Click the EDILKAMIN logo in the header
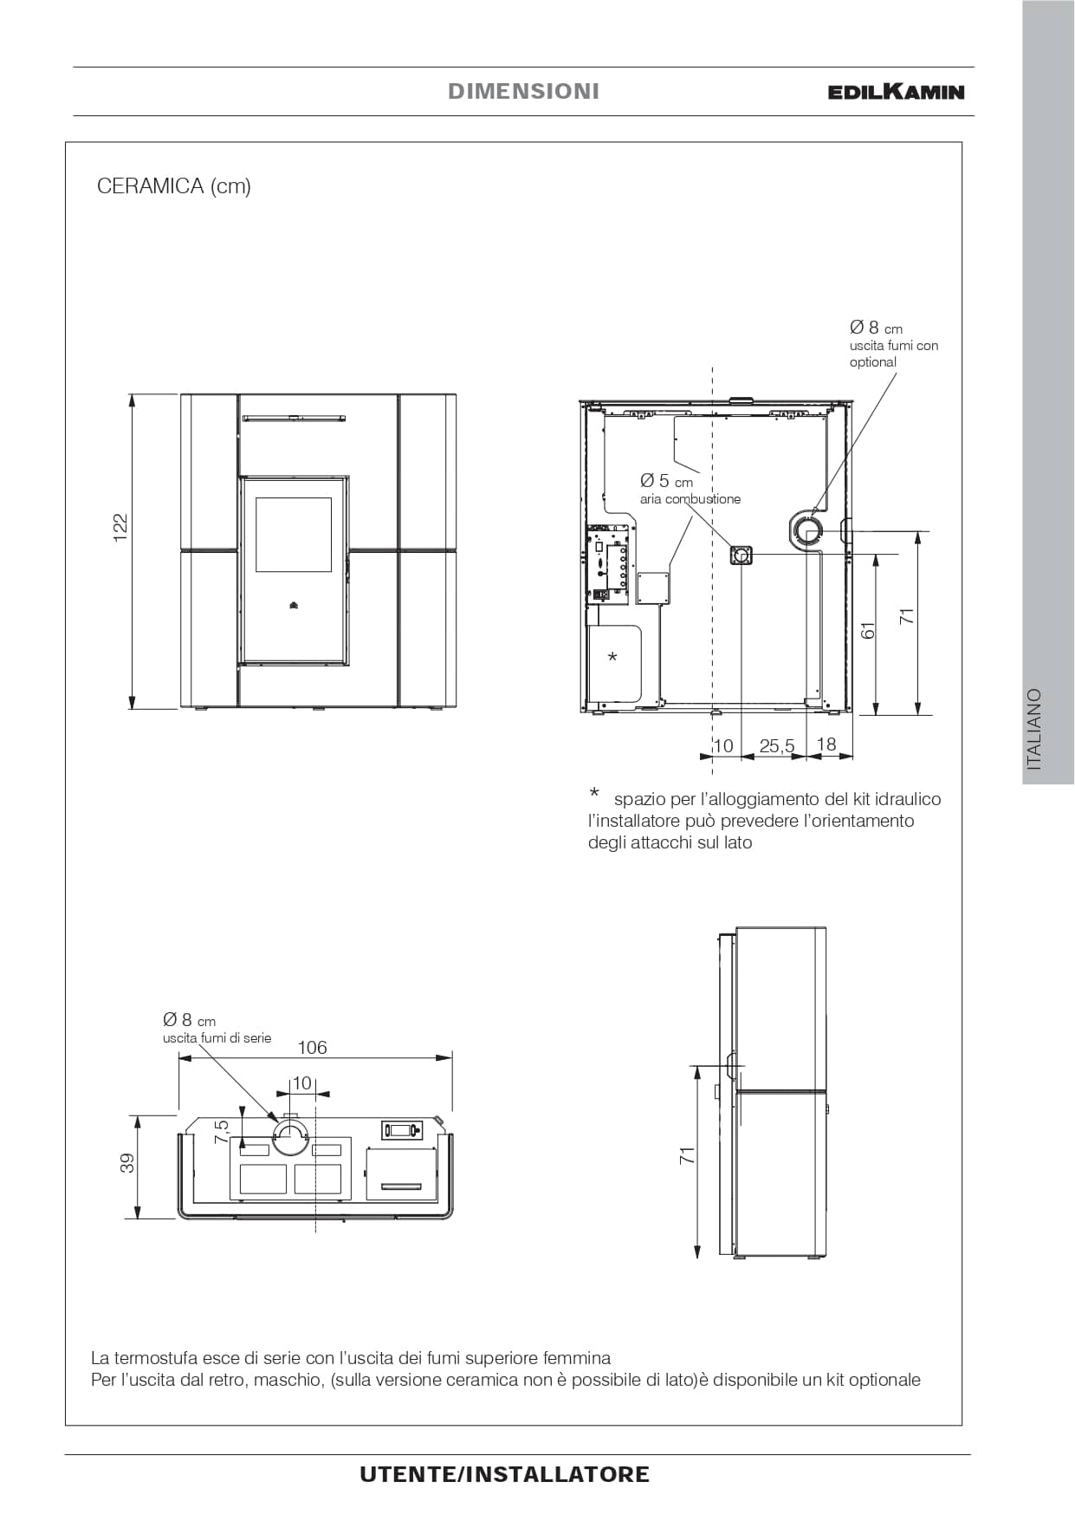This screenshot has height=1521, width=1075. [x=896, y=91]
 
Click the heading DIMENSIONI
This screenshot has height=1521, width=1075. [x=523, y=91]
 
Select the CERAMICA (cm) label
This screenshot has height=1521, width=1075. [x=174, y=186]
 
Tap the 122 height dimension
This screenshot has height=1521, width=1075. [x=120, y=528]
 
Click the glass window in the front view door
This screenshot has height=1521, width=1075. [x=294, y=535]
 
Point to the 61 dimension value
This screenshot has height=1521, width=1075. [x=868, y=630]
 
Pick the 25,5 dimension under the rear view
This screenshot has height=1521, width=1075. [x=776, y=745]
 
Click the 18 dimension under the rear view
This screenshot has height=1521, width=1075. [x=826, y=744]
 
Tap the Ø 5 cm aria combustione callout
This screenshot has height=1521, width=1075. [x=690, y=489]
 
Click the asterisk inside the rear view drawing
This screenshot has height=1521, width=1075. [x=612, y=658]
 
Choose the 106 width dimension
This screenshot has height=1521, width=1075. [x=312, y=1047]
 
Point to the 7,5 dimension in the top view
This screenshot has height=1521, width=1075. [x=222, y=1131]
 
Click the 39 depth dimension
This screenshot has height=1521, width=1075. [x=127, y=1163]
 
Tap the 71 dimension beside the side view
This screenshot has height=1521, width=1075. [x=687, y=1155]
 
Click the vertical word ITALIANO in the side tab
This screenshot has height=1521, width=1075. [x=1033, y=730]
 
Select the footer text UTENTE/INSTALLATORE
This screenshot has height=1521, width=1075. [x=504, y=1474]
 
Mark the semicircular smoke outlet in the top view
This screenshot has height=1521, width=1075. [x=290, y=1136]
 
